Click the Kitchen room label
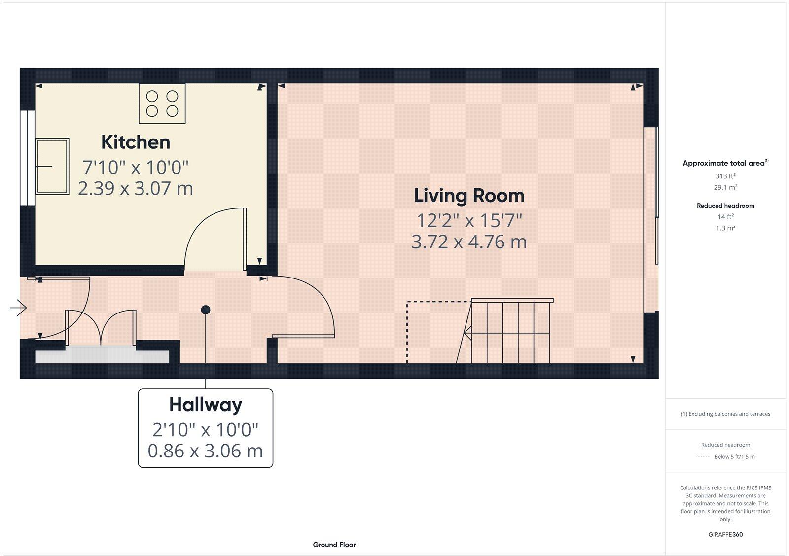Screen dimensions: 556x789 pos(136,142)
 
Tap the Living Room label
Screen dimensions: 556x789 pos(469,196)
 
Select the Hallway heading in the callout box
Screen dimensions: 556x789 pos(206,405)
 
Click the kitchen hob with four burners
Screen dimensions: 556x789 pos(162,104)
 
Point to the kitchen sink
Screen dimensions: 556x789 pos(52,166)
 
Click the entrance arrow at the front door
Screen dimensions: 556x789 pos(18,308)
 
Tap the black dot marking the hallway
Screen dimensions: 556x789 pos(206,310)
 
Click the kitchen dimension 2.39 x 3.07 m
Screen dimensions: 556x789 pos(136,188)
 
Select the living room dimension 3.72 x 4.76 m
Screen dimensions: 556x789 pos(469,242)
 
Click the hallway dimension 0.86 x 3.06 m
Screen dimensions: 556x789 pos(205,451)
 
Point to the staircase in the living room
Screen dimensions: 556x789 pos(510,331)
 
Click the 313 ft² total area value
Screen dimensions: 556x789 pos(725,176)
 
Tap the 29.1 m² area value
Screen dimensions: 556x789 pos(725,187)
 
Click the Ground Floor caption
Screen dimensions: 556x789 pos(334,545)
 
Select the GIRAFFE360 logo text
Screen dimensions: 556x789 pos(725,534)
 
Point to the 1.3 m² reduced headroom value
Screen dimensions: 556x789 pos(725,228)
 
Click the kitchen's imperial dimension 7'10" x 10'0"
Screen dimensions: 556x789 pos(136,167)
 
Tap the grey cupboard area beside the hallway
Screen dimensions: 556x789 pos(102,355)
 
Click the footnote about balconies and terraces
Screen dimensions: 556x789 pos(725,414)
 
